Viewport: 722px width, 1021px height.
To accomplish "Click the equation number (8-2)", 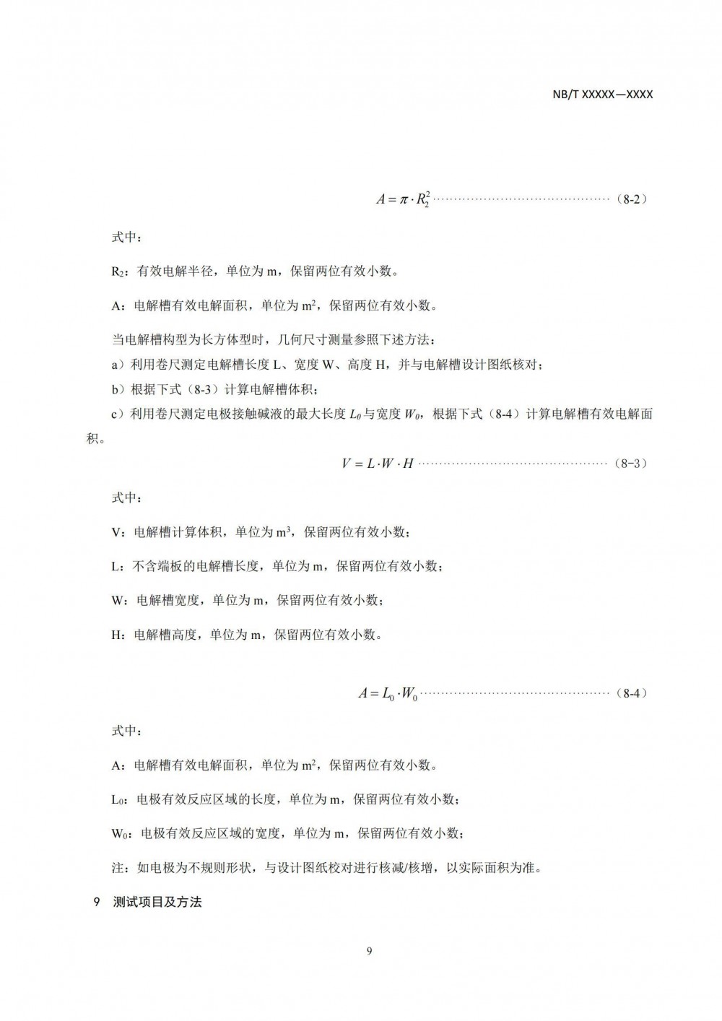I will pyautogui.click(x=632, y=199).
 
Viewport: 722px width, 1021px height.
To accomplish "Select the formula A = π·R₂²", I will pyautogui.click(x=404, y=199).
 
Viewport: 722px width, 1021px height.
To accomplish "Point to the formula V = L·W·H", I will pyautogui.click(x=377, y=463).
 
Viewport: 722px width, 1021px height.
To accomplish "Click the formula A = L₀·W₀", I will pyautogui.click(x=388, y=694).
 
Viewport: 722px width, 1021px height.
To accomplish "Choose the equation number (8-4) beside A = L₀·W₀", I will pyautogui.click(x=632, y=693).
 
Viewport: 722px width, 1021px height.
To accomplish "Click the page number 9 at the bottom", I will pyautogui.click(x=369, y=951).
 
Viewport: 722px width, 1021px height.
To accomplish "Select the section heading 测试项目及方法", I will pyautogui.click(x=157, y=902).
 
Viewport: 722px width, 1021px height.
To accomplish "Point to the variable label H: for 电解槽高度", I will pyautogui.click(x=119, y=635).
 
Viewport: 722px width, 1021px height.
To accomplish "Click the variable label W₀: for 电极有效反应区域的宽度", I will pyautogui.click(x=122, y=834).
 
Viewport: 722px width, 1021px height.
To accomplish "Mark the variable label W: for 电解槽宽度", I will pyautogui.click(x=121, y=601).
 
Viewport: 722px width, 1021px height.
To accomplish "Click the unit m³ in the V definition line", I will pyautogui.click(x=283, y=532).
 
